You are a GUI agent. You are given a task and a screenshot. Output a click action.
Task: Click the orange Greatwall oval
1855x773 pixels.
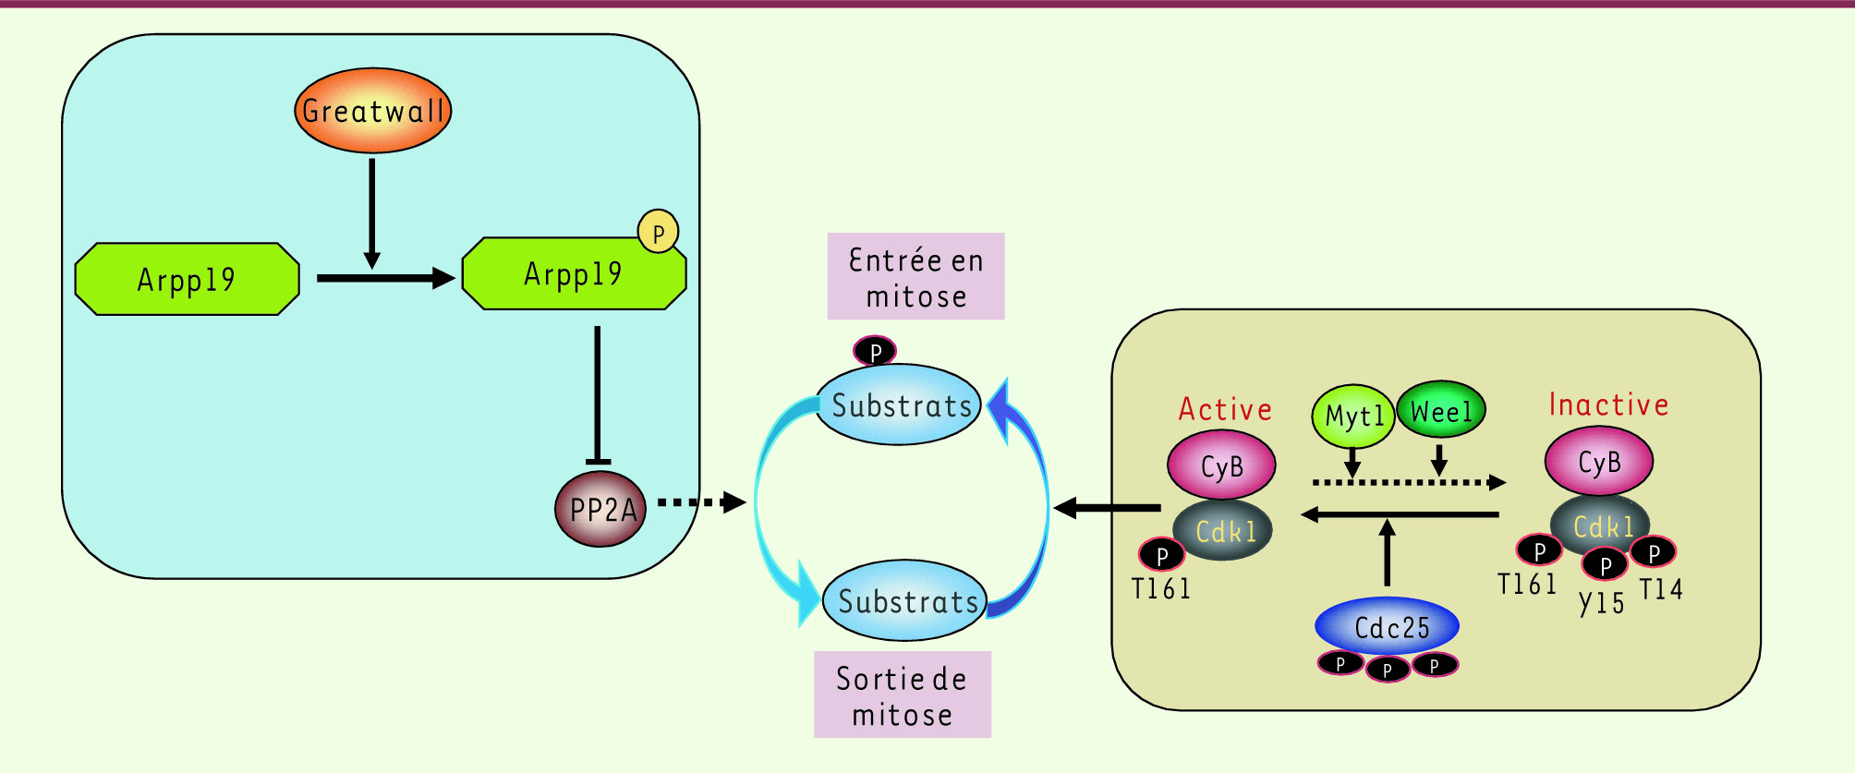click(373, 111)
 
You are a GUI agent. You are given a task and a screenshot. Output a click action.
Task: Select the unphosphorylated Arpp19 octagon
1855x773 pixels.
click(188, 279)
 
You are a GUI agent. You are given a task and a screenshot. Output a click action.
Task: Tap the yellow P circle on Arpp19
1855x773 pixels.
click(659, 233)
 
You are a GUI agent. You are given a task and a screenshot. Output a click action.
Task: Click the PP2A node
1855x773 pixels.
click(600, 510)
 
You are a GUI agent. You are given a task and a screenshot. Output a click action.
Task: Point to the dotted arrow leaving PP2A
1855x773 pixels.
click(701, 502)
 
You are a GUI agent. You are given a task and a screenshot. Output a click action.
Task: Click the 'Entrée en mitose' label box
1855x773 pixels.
click(915, 276)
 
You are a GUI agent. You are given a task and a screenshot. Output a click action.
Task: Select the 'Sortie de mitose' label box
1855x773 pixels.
click(903, 694)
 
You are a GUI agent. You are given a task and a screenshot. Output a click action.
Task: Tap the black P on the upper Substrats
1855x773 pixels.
click(875, 351)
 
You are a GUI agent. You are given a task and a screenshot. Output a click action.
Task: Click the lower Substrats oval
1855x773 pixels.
click(905, 600)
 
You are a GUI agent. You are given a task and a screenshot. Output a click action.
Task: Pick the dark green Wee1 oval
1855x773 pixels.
click(1441, 411)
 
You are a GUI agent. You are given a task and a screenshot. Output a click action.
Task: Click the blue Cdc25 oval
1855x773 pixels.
click(1388, 626)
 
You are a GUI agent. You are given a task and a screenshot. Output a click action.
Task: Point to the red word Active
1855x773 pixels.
click(1225, 409)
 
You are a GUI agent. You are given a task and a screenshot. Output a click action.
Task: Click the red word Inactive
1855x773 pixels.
click(1608, 405)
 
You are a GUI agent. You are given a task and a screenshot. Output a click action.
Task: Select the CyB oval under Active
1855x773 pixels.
click(1221, 465)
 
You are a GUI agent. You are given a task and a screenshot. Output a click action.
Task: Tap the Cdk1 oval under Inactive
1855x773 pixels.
click(1600, 525)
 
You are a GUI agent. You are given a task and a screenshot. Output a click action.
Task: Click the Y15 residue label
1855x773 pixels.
click(1602, 603)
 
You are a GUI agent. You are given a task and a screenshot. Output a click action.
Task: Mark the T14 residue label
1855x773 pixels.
click(1661, 589)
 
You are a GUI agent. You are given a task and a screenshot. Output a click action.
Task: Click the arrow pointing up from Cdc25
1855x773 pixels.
click(1387, 552)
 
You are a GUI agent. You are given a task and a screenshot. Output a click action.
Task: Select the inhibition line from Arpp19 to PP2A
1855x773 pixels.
click(598, 395)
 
